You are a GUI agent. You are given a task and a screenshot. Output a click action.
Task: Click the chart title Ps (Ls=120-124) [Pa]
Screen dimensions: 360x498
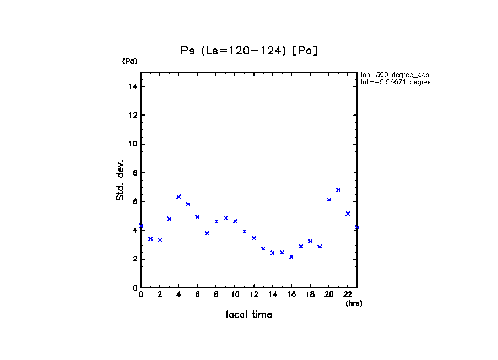(x=250, y=51)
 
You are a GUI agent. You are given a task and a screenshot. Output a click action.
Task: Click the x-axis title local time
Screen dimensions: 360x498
(x=249, y=315)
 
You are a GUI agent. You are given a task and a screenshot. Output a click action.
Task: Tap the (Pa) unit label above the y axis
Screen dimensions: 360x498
(x=129, y=61)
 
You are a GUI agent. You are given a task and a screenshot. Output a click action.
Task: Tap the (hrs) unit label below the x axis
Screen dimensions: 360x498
(x=354, y=303)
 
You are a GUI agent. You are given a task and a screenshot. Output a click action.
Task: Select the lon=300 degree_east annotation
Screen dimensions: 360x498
(x=394, y=74)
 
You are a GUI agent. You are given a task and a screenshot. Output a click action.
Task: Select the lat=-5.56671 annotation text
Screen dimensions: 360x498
(x=394, y=82)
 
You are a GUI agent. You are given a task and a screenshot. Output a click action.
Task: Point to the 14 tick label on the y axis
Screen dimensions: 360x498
(x=131, y=86)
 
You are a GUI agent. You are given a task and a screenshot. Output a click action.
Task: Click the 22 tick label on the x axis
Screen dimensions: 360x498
(x=348, y=294)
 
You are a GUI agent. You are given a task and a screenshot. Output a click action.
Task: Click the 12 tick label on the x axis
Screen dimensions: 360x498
(x=253, y=294)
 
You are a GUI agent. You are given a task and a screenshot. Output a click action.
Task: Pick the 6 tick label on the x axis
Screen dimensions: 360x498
(x=197, y=294)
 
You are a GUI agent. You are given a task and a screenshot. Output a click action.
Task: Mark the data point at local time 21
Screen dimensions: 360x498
(x=338, y=190)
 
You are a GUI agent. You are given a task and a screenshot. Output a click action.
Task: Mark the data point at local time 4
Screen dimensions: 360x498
(x=178, y=197)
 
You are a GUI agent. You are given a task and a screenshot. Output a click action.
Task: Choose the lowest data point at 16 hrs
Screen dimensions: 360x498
(x=291, y=257)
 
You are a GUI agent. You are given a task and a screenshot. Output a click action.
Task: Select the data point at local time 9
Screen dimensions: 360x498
(x=225, y=218)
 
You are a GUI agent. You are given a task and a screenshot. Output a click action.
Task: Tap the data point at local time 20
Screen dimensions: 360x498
(x=329, y=200)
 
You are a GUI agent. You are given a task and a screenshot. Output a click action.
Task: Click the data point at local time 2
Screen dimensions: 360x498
(x=160, y=240)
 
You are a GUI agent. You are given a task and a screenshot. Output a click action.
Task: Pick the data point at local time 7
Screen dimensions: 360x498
(x=207, y=233)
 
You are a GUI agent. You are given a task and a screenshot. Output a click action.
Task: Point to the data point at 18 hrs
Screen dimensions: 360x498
(x=310, y=241)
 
